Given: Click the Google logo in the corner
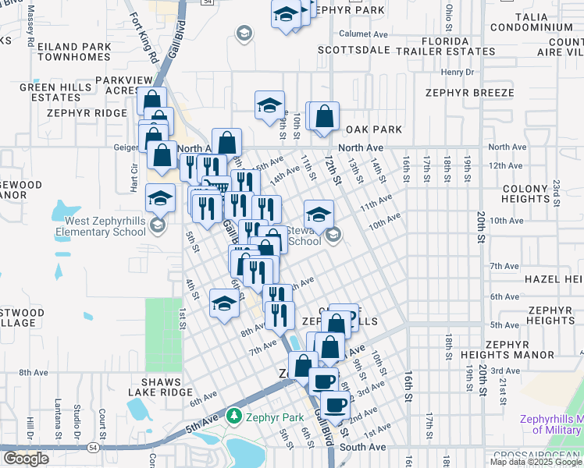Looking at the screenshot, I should (26, 459).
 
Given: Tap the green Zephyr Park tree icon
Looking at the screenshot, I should (232, 415).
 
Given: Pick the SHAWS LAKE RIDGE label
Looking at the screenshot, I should (162, 388).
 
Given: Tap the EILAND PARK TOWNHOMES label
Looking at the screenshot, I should (62, 51).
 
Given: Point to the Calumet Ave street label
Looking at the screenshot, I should (364, 34).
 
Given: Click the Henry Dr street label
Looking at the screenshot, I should (458, 72).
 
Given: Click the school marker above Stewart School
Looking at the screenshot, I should (319, 214).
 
